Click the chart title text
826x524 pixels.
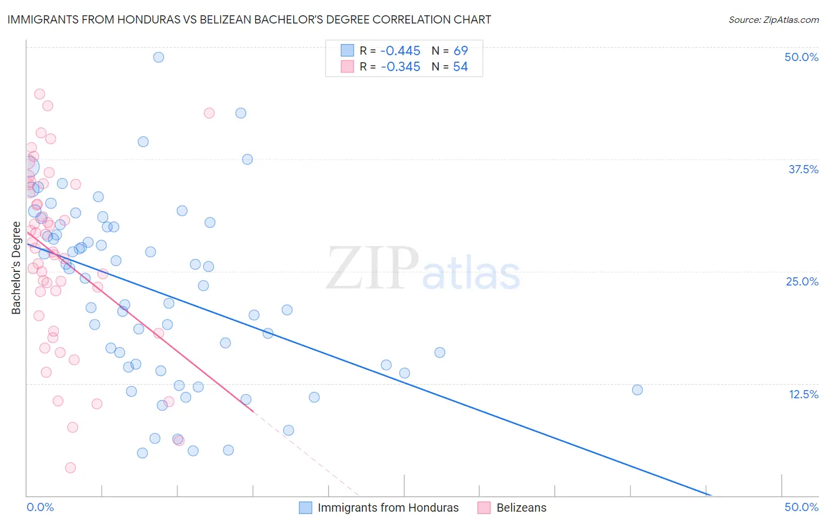tap(249, 19)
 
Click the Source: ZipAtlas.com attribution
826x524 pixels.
tap(773, 19)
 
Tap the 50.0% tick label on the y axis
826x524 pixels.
tap(801, 57)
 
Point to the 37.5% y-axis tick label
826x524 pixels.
tap(803, 169)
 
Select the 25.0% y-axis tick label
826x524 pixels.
tap(802, 281)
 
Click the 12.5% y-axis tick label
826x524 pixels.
tap(803, 394)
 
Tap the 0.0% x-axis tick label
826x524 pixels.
tap(41, 507)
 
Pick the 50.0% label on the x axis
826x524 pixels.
tap(801, 507)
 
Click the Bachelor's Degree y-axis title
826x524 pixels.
tap(16, 268)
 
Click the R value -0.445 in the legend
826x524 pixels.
tap(400, 51)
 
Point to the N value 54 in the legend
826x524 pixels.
tap(460, 67)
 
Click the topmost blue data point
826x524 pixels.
tap(159, 57)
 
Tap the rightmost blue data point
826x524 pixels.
tap(637, 390)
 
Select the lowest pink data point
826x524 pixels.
tap(70, 468)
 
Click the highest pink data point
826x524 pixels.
tap(39, 94)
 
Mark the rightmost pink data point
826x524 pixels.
tap(209, 113)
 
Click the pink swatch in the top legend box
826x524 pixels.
tap(347, 66)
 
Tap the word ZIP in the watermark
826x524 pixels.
tap(372, 268)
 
